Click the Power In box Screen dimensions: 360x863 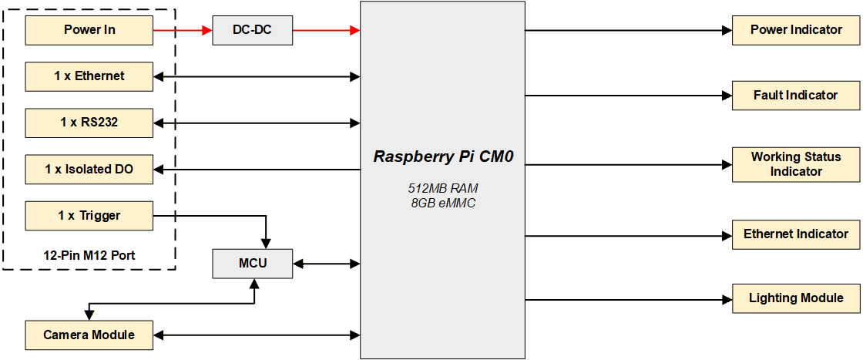[89, 30]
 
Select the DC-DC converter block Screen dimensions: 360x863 [252, 31]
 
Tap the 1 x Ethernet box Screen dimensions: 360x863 [89, 76]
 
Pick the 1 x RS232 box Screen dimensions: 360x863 [89, 123]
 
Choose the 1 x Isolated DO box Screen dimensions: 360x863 [89, 169]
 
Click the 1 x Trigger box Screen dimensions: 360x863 [89, 216]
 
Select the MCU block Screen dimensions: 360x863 [253, 264]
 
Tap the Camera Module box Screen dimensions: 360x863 [89, 335]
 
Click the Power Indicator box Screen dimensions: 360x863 [796, 30]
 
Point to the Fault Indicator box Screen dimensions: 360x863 [796, 96]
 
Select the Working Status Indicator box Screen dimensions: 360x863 [796, 164]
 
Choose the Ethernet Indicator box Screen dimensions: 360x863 [796, 234]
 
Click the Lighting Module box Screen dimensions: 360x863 [796, 298]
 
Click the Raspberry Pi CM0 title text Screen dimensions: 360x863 [443, 156]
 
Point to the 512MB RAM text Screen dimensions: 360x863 [443, 189]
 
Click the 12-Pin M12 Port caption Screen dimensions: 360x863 [89, 254]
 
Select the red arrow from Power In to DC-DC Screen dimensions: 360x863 [183, 31]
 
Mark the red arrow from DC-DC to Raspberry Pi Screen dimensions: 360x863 [326, 31]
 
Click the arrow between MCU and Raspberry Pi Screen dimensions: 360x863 [326, 264]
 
